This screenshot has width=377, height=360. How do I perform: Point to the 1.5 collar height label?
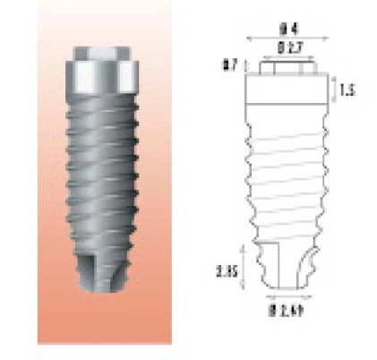click(352, 90)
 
